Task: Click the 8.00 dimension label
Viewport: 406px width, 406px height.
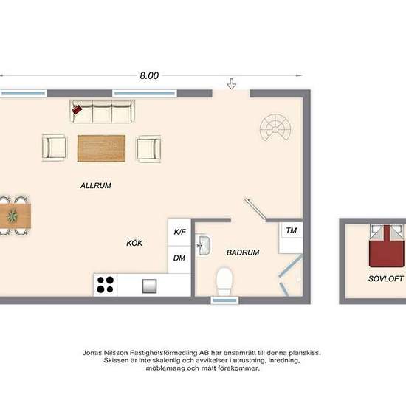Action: click(149, 75)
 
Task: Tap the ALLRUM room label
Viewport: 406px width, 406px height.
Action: click(96, 185)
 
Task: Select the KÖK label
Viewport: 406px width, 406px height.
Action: click(134, 243)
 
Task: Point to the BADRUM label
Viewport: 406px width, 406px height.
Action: click(243, 252)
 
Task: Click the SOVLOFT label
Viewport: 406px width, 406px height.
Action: click(386, 278)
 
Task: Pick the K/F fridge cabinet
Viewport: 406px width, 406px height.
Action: click(179, 232)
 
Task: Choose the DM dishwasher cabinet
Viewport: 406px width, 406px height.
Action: click(179, 259)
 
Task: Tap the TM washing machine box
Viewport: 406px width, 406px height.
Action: click(291, 238)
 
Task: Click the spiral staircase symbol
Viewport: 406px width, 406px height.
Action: click(275, 127)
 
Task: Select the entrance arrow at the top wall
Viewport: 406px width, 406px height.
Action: click(232, 84)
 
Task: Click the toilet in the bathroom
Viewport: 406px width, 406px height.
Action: click(224, 281)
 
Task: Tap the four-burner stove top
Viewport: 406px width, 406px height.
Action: click(105, 284)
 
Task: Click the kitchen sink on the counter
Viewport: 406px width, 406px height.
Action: click(149, 286)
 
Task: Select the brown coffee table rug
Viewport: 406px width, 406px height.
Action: click(101, 148)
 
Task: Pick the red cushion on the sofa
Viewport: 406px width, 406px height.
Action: click(77, 109)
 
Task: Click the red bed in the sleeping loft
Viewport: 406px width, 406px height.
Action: click(387, 247)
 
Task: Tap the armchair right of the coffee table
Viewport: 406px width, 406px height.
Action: click(148, 149)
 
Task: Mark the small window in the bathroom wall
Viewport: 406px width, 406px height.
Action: click(224, 300)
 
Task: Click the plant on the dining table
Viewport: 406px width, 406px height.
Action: click(12, 216)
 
